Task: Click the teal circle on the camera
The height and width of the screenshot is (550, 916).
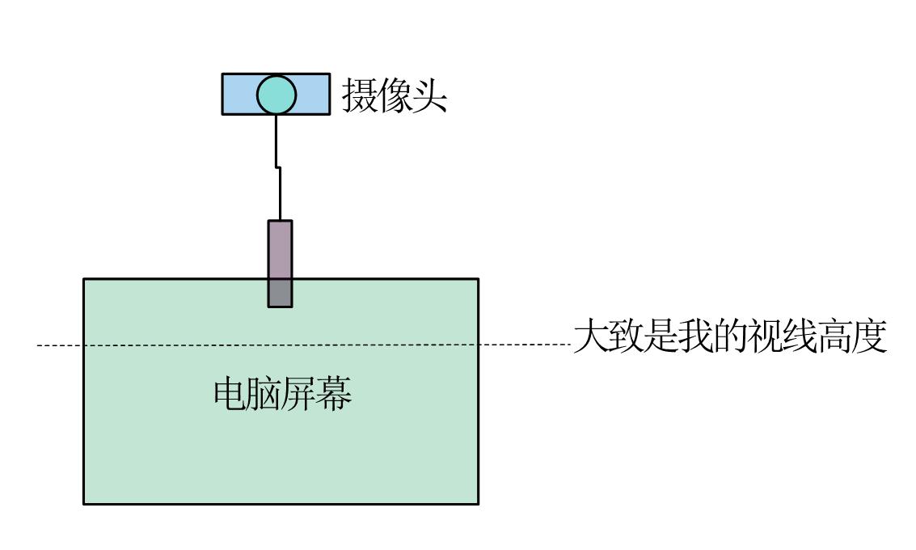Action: (x=276, y=95)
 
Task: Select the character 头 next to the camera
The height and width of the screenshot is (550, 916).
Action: (x=430, y=95)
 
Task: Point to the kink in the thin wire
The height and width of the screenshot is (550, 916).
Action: (x=278, y=167)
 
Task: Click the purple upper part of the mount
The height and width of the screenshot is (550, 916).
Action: (x=280, y=249)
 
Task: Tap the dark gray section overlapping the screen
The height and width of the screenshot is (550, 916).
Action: (x=280, y=293)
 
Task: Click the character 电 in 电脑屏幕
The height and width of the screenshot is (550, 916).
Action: (x=230, y=394)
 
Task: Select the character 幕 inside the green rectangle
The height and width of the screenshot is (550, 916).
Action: (x=336, y=394)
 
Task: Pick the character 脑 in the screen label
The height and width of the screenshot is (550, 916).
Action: (x=265, y=394)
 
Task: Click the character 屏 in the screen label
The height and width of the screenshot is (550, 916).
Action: (x=300, y=394)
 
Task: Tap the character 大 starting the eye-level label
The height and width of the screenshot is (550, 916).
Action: (x=590, y=337)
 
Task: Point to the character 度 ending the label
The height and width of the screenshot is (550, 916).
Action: (x=871, y=337)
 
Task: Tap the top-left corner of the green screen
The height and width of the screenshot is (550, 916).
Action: (x=84, y=279)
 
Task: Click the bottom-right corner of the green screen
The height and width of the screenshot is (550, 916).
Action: (x=478, y=504)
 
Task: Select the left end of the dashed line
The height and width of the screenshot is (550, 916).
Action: (x=38, y=346)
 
